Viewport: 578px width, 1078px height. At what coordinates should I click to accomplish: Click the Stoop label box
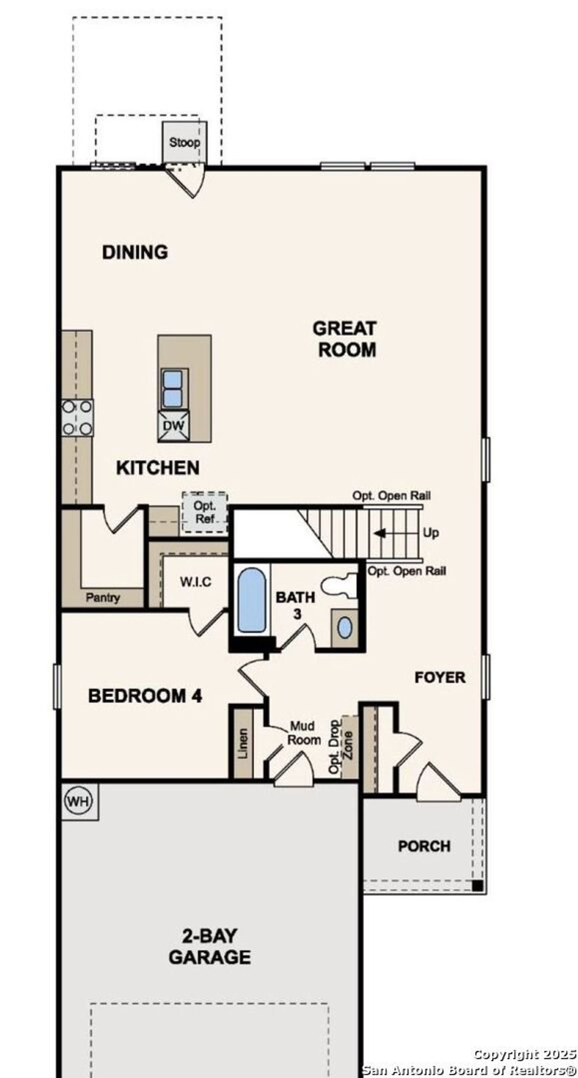click(x=184, y=142)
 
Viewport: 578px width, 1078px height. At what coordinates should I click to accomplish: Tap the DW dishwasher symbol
click(x=173, y=426)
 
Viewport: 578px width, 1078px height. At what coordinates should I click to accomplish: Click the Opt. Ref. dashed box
click(x=205, y=512)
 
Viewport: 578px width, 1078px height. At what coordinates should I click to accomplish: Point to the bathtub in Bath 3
click(x=251, y=600)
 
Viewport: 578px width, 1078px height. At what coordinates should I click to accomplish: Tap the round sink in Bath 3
click(x=345, y=628)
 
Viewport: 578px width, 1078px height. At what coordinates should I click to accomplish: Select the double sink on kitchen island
click(x=172, y=389)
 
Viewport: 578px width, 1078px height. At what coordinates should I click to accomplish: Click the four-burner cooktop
click(x=77, y=418)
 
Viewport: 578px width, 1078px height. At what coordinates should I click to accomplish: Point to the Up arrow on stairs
click(x=380, y=533)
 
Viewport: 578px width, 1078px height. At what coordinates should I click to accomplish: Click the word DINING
click(x=135, y=252)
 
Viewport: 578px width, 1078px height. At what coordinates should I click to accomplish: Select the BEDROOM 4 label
click(x=145, y=696)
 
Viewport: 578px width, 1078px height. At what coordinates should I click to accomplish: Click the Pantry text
click(x=103, y=598)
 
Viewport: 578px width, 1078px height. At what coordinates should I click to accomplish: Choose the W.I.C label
click(x=195, y=582)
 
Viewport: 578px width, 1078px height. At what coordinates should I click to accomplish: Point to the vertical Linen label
click(x=243, y=743)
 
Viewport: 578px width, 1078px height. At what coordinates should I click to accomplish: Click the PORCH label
click(x=424, y=846)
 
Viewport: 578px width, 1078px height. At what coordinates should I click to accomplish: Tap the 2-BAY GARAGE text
click(x=210, y=947)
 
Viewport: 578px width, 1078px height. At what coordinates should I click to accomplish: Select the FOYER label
click(x=440, y=678)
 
